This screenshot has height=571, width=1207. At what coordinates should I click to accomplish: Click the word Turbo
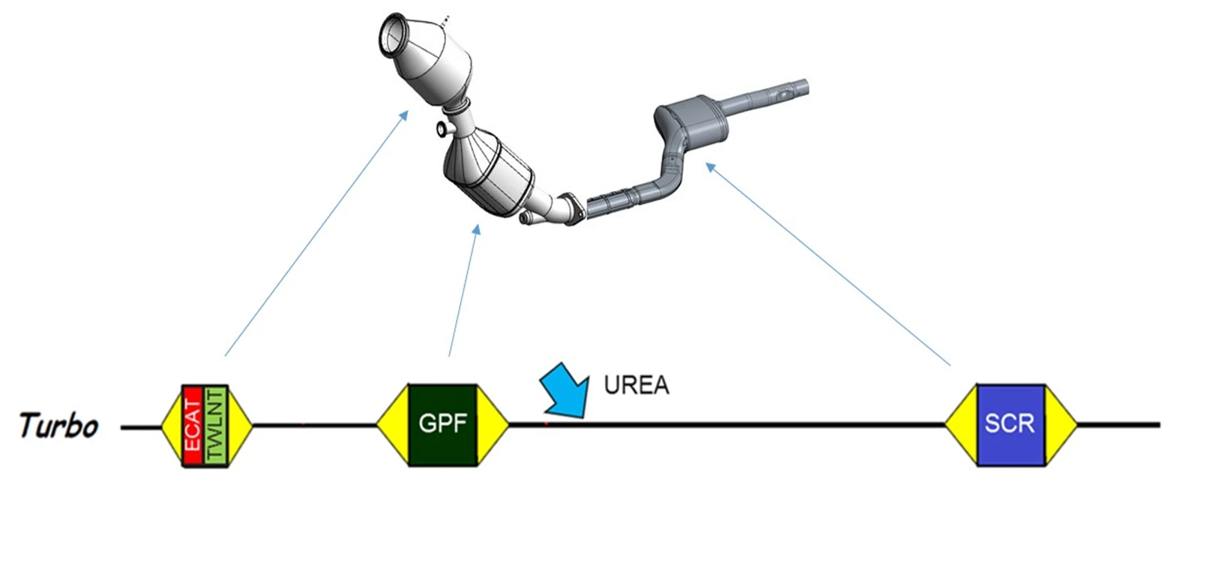pos(58,426)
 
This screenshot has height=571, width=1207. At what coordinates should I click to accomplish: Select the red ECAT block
pos(193,426)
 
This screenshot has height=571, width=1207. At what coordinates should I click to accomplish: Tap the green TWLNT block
pos(216,426)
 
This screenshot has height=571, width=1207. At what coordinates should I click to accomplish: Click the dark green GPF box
pos(443,424)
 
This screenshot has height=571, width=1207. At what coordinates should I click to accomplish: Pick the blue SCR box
pos(1011,424)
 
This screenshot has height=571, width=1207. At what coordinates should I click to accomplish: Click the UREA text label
pos(636,385)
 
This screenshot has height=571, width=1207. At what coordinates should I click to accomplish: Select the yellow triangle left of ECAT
pos(172,426)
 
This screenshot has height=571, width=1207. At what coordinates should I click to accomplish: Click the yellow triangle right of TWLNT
pos(240,426)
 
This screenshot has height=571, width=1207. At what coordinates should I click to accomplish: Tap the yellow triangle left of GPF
pos(394,424)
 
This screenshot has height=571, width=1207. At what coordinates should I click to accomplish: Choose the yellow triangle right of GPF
pos(493,424)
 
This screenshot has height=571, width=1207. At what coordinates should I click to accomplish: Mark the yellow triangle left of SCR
pos(961,424)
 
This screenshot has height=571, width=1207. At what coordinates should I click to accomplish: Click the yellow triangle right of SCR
pos(1061,424)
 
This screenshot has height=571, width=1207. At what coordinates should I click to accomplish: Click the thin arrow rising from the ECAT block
pos(316,233)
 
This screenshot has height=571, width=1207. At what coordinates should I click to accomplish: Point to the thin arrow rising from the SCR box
pos(828,264)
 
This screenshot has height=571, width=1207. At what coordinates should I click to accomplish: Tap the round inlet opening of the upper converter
pos(394,34)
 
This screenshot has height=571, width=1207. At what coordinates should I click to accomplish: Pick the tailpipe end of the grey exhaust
pos(802,86)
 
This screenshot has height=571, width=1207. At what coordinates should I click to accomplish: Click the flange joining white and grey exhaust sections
pos(572,209)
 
